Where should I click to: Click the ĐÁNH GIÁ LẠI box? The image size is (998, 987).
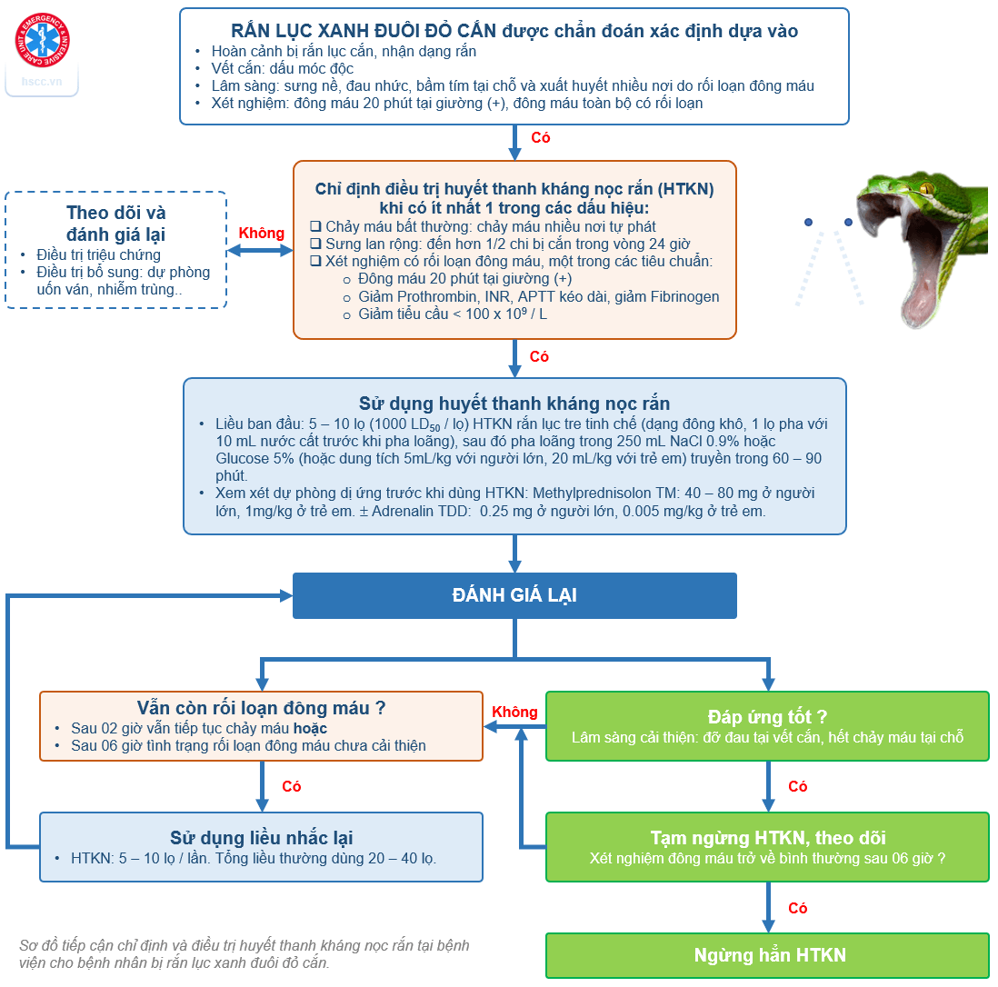click(x=514, y=596)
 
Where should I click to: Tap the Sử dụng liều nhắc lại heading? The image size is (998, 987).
click(x=262, y=837)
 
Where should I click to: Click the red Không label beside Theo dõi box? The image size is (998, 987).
click(x=261, y=234)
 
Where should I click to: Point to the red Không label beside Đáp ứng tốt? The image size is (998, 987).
click(x=514, y=713)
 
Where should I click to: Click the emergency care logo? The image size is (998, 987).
click(x=42, y=41)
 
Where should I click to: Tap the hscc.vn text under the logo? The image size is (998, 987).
click(x=42, y=81)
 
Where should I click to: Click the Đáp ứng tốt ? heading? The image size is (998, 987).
click(x=767, y=717)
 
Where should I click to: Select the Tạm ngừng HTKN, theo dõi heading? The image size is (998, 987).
click(x=767, y=837)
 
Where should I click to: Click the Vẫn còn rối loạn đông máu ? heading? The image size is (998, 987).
click(x=261, y=708)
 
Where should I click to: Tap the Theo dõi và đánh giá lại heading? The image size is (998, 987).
click(x=116, y=224)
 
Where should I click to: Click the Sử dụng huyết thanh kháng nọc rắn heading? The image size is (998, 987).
click(x=514, y=404)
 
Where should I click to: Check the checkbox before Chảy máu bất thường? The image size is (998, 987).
click(x=315, y=226)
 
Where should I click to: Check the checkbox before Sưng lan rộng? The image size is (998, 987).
click(x=315, y=244)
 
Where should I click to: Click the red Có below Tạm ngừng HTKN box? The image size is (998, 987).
click(x=797, y=909)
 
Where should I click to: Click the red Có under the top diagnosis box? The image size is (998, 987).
click(x=540, y=138)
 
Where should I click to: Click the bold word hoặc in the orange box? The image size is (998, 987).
click(x=310, y=728)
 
